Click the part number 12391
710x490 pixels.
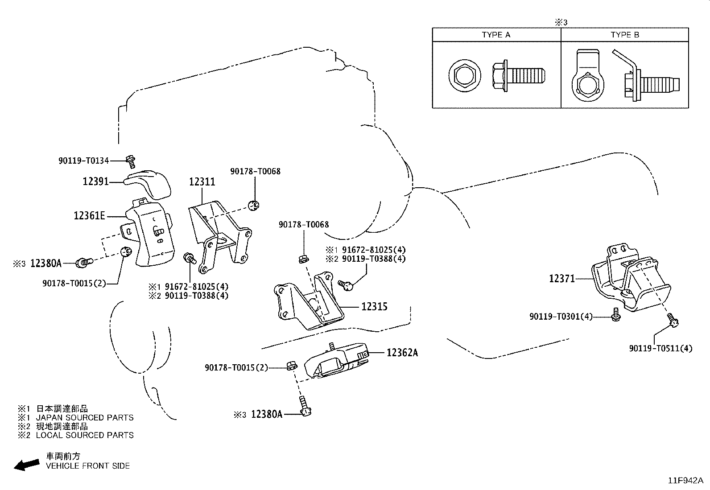tap(95, 181)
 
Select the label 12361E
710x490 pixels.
tap(89, 216)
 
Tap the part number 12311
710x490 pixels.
tap(202, 182)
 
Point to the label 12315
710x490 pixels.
tap(374, 307)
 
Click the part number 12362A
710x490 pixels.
tap(402, 353)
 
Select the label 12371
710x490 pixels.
tap(562, 279)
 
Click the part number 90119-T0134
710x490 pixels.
tap(83, 161)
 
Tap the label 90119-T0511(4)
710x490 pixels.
tap(660, 348)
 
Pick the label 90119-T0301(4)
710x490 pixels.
tap(561, 317)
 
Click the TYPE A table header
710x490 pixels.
tap(496, 35)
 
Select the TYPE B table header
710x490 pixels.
tap(625, 35)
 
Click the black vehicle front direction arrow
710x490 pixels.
tap(26, 465)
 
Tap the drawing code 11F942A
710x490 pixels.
tap(685, 481)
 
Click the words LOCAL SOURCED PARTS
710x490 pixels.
tap(84, 435)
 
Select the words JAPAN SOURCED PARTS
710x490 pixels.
tap(84, 418)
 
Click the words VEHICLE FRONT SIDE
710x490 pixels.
tap(88, 466)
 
